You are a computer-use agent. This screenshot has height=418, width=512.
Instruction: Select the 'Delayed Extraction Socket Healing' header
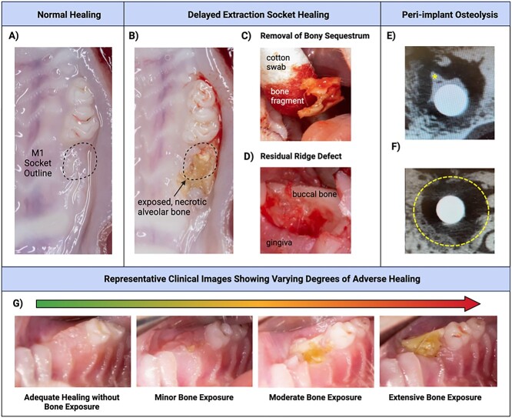point(253,15)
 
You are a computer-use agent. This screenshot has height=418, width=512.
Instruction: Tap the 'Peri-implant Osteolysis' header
point(445,15)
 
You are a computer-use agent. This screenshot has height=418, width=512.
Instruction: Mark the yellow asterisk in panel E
point(436,76)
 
